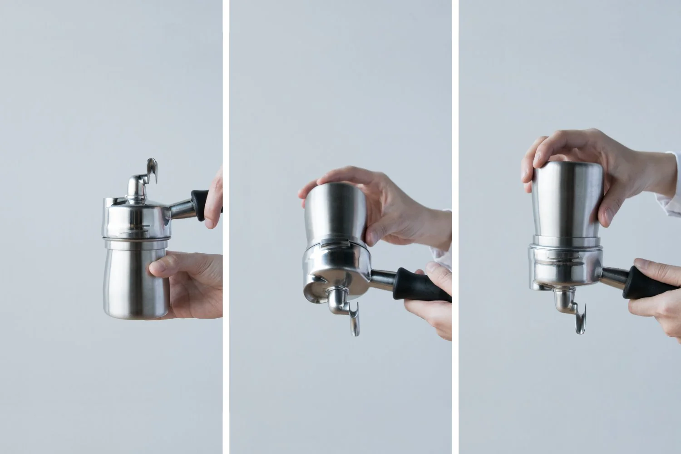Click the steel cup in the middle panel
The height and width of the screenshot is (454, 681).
336,213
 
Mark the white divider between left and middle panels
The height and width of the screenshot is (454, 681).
226,227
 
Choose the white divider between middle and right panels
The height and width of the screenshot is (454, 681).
455,227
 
